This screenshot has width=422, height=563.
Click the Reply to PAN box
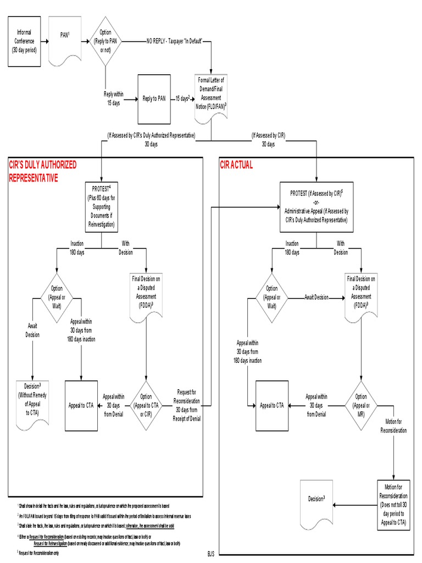[154, 99]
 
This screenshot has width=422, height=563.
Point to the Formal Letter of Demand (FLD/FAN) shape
[212, 93]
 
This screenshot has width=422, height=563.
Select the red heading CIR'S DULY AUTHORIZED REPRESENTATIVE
[42, 171]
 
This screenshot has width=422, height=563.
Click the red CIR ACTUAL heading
[236, 165]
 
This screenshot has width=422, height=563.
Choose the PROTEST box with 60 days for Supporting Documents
[102, 206]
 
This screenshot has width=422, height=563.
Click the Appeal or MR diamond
[360, 405]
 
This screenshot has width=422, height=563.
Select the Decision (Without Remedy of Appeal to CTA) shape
[33, 402]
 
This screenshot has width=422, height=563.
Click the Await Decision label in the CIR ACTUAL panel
[317, 297]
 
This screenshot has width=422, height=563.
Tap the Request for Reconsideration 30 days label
[188, 405]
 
